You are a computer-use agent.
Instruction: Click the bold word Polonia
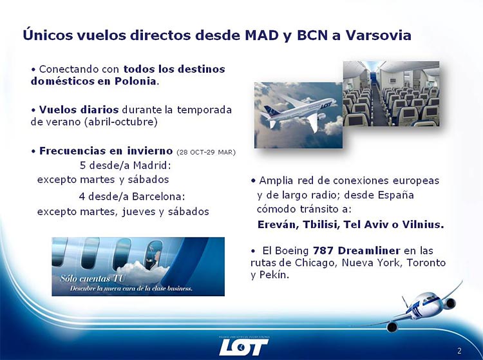pyautogui.click(x=135, y=81)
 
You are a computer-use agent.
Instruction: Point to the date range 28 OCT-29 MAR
pyautogui.click(x=206, y=152)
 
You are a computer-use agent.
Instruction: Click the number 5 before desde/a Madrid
pyautogui.click(x=82, y=166)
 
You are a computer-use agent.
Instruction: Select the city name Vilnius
pyautogui.click(x=423, y=224)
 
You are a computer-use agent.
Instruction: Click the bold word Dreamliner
pyautogui.click(x=369, y=251)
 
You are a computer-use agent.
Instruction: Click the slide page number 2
pyautogui.click(x=459, y=350)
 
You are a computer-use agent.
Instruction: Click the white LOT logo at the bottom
pyautogui.click(x=243, y=347)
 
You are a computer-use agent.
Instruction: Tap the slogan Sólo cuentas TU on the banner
pyautogui.click(x=92, y=279)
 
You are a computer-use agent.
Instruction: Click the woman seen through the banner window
pyautogui.click(x=154, y=256)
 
